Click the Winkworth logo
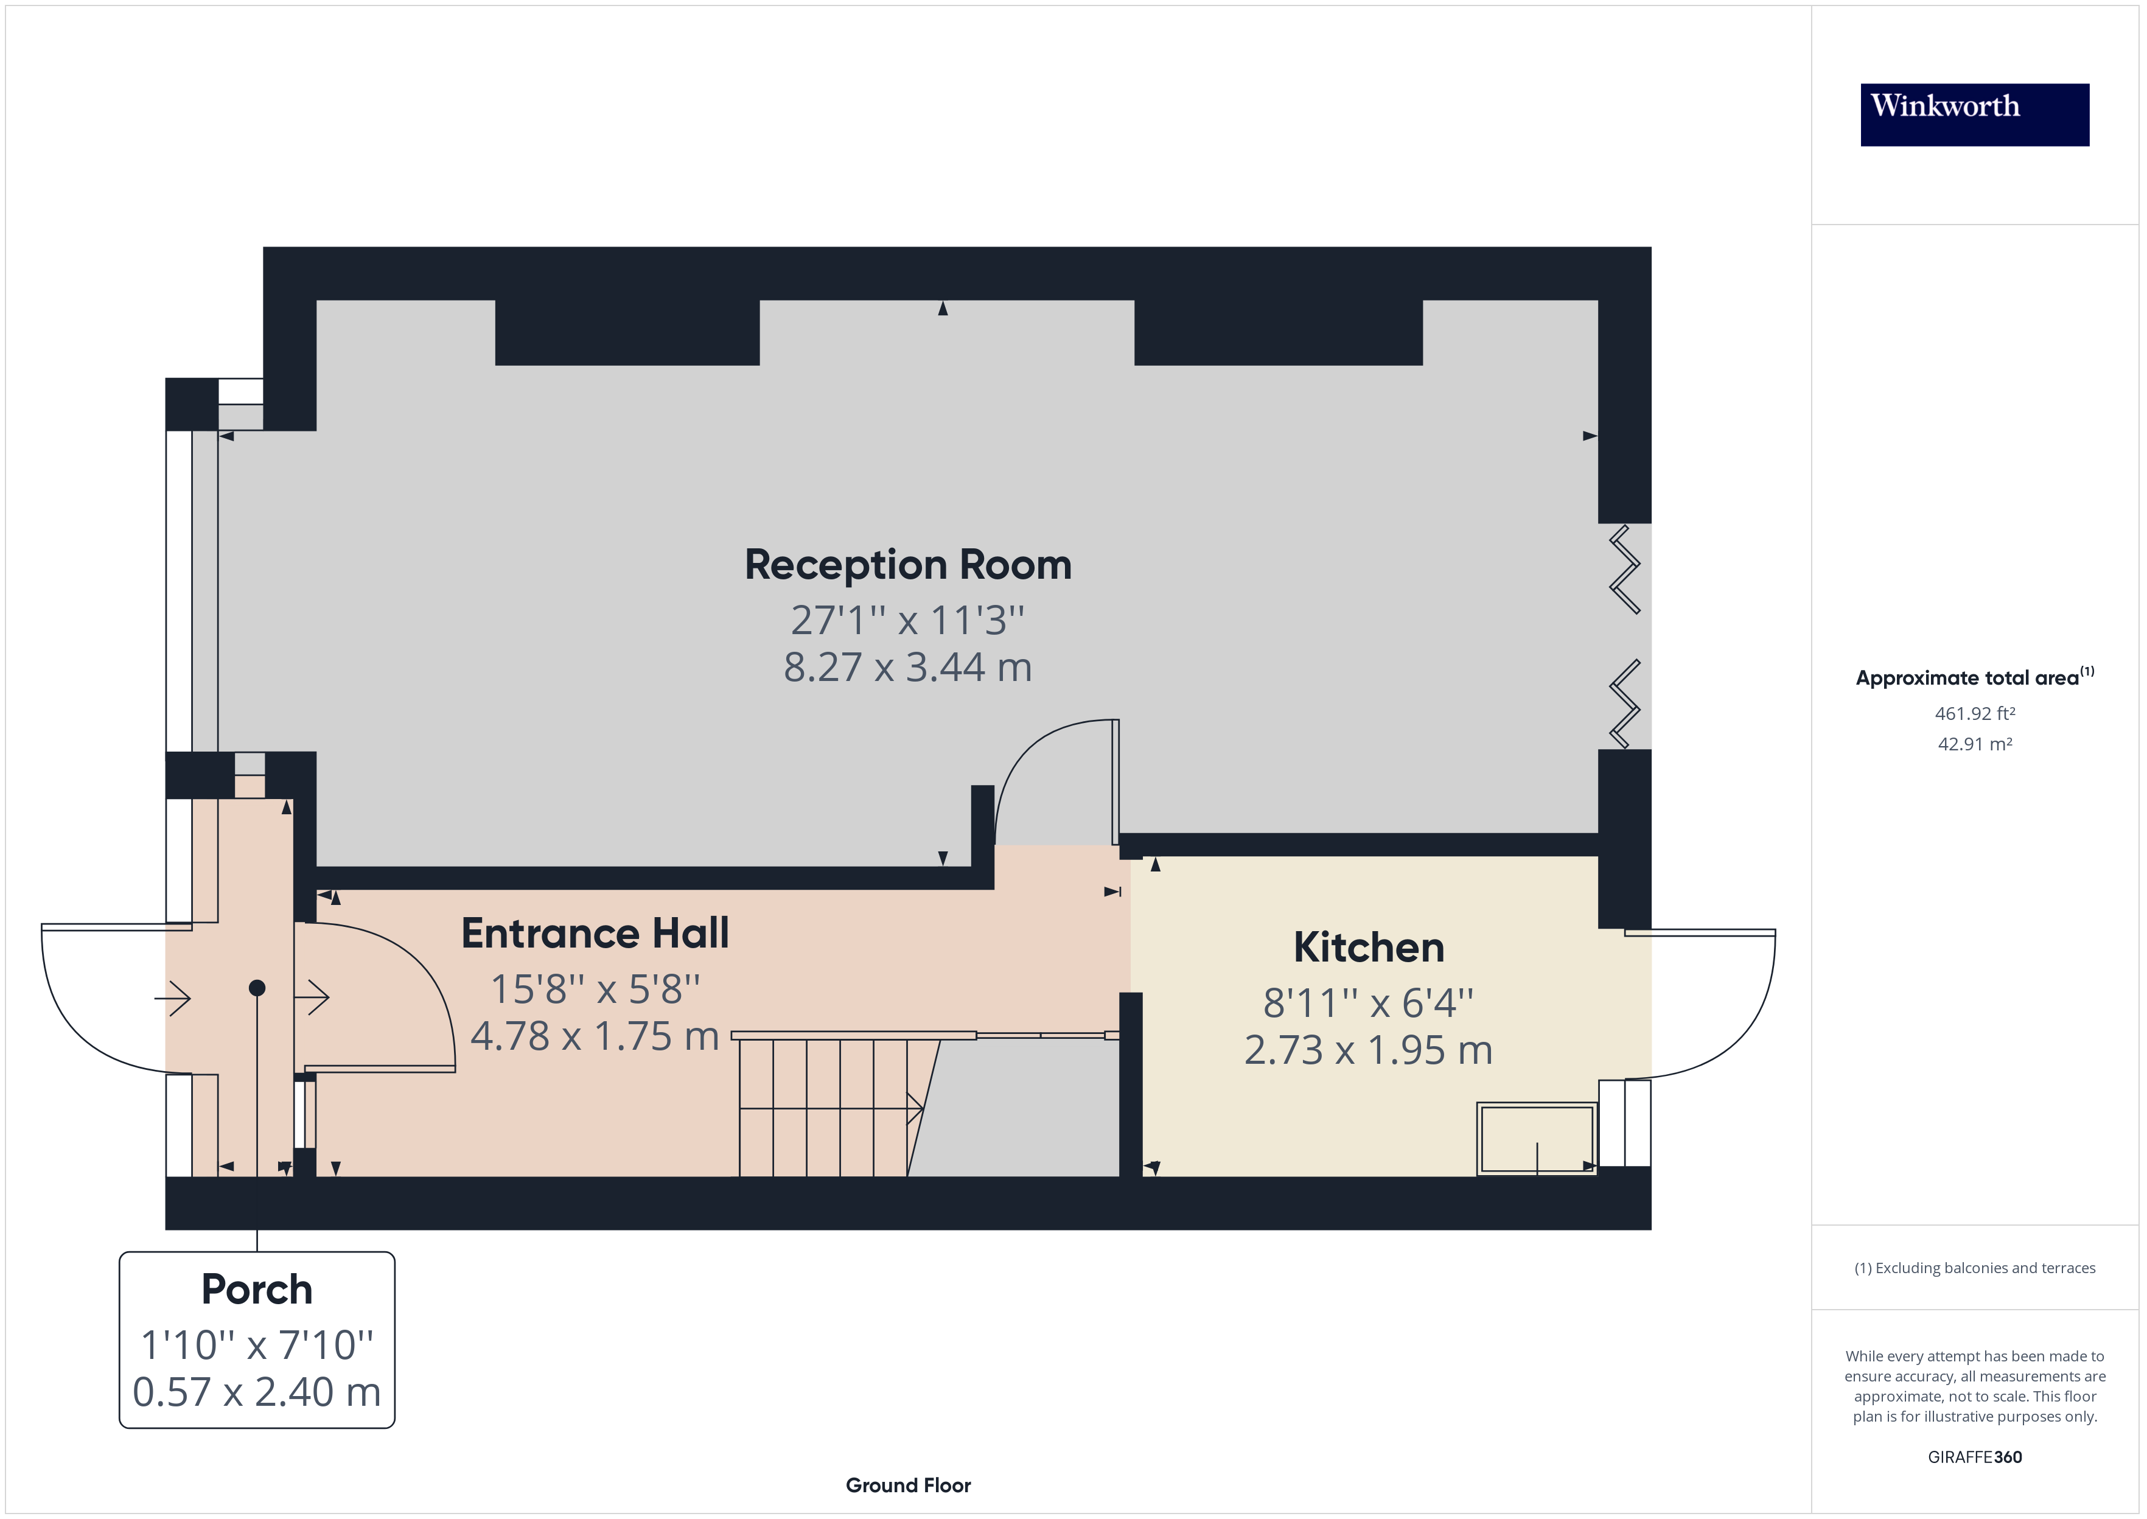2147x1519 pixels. click(x=1974, y=114)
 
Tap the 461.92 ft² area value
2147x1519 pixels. click(x=1974, y=714)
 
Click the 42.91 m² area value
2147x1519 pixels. click(x=1974, y=744)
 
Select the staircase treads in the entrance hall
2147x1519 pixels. click(x=823, y=1108)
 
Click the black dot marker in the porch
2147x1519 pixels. click(x=257, y=988)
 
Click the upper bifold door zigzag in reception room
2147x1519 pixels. click(x=1625, y=568)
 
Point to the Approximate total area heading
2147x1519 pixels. click(x=1974, y=677)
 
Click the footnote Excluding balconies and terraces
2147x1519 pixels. click(x=1974, y=1268)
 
